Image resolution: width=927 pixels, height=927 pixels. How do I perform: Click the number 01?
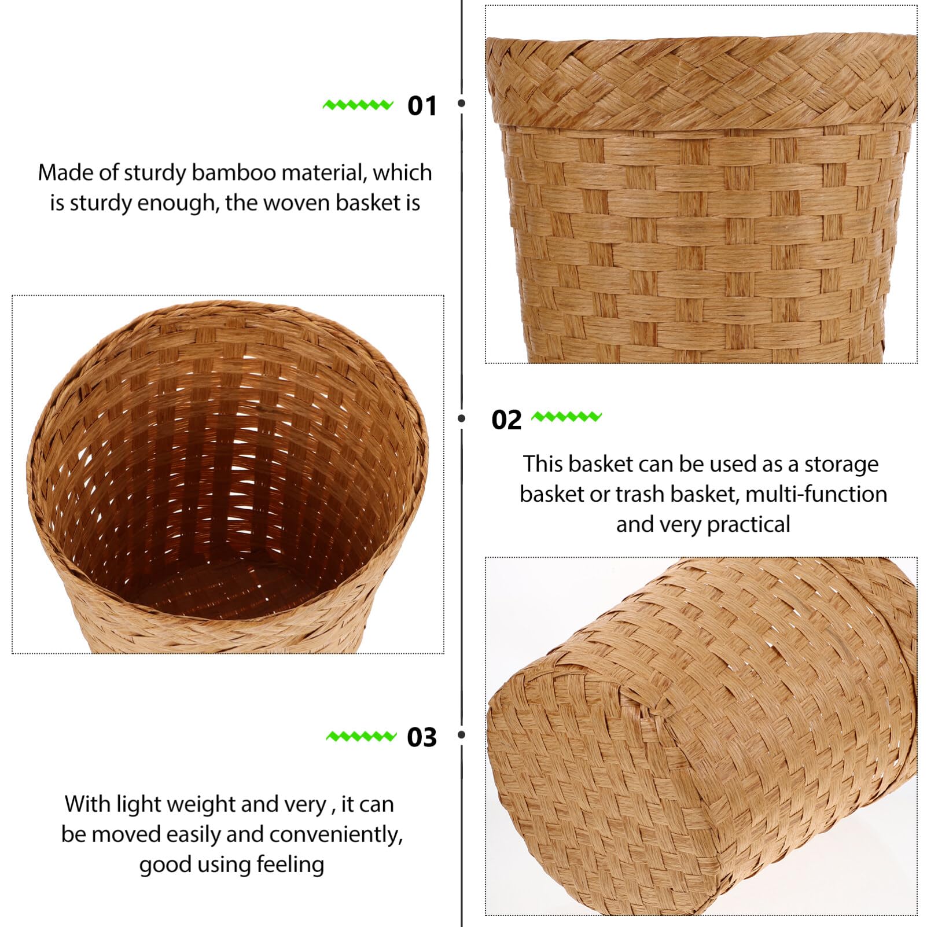[x=422, y=106]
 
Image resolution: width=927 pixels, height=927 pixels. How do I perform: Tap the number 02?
[x=506, y=420]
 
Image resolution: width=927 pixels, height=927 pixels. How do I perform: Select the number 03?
[x=422, y=737]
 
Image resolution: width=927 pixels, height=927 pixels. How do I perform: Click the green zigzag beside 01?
[x=358, y=105]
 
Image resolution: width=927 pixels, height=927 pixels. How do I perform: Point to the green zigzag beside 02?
[x=566, y=416]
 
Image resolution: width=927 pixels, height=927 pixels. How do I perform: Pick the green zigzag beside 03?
[x=361, y=736]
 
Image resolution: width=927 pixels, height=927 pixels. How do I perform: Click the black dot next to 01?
[x=461, y=104]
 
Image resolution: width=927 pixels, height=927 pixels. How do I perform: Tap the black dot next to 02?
[x=461, y=418]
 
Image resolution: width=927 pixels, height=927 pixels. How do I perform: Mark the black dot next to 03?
[x=461, y=735]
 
